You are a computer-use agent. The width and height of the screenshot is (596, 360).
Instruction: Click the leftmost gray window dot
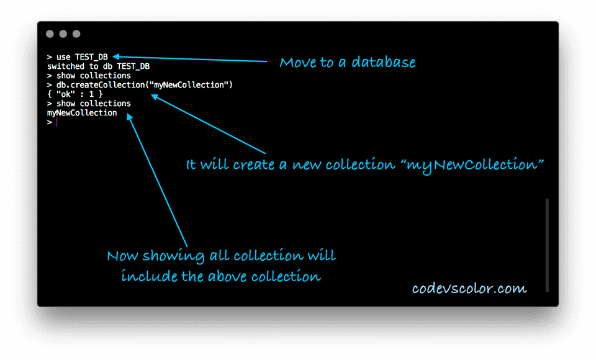50,34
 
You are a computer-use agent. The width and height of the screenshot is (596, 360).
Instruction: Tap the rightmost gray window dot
76,34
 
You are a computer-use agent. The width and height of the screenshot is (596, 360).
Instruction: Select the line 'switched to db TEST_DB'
98,66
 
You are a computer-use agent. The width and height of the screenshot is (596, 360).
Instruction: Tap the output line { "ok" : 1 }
74,94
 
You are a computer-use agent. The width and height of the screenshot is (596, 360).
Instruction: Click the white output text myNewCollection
82,113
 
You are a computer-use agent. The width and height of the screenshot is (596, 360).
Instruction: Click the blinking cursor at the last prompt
56,122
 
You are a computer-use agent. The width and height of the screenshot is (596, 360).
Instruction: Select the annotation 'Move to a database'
347,63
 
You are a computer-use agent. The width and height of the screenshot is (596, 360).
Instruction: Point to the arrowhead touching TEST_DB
116,56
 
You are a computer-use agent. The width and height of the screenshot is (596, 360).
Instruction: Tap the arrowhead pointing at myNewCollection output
130,117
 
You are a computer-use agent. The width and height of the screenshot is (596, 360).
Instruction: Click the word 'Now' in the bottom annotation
123,256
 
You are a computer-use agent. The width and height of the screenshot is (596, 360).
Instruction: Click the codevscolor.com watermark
469,289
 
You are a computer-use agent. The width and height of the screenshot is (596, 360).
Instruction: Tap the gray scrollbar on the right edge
547,245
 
